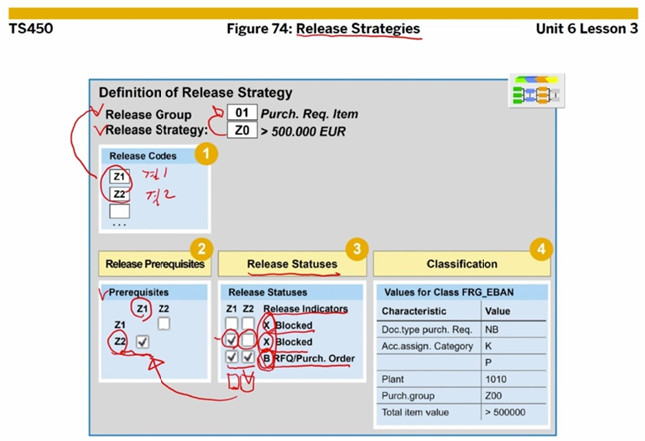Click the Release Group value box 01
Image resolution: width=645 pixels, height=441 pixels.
[x=241, y=113]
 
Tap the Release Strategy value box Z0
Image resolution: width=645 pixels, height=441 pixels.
[x=241, y=130]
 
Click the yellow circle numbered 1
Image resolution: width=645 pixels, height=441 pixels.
[x=204, y=153]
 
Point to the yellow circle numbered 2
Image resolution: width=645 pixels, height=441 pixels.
[x=201, y=248]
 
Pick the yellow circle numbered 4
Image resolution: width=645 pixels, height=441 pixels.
[x=539, y=248]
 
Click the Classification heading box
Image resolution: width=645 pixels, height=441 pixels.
[x=462, y=264]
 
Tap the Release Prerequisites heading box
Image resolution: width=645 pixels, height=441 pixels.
[x=154, y=264]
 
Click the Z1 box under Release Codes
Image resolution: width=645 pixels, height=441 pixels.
[x=119, y=177]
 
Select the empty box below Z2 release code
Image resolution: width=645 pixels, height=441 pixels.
[x=119, y=211]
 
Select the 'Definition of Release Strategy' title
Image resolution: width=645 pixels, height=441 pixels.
[x=195, y=93]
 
